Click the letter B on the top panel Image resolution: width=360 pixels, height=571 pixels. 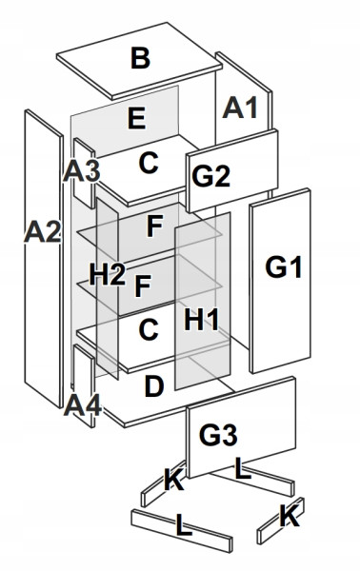[x=140, y=58]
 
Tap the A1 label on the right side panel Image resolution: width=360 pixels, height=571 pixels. [x=241, y=108]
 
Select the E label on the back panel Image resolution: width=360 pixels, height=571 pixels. [x=137, y=118]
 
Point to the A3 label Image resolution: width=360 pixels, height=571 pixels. [x=82, y=171]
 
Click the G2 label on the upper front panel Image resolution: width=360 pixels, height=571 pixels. [x=211, y=177]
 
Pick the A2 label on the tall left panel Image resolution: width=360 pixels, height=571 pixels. [x=42, y=232]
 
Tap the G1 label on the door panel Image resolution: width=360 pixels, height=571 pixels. [x=284, y=267]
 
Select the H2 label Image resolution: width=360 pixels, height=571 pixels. [x=108, y=274]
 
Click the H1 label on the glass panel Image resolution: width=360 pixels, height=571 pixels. [x=202, y=320]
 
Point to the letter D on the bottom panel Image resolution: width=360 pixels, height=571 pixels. [x=154, y=386]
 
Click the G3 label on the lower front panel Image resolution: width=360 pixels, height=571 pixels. [x=218, y=435]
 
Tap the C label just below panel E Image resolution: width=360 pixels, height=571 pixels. [x=149, y=163]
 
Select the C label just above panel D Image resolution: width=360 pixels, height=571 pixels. [x=149, y=330]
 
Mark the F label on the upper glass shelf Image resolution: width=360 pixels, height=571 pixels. [x=154, y=226]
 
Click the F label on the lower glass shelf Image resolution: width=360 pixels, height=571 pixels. [x=143, y=286]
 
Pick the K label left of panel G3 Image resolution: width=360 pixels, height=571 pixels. [x=173, y=480]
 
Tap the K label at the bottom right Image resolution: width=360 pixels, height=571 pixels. [x=290, y=517]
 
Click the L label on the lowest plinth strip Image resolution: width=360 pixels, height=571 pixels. [x=184, y=524]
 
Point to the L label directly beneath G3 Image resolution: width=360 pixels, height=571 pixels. [x=243, y=468]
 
